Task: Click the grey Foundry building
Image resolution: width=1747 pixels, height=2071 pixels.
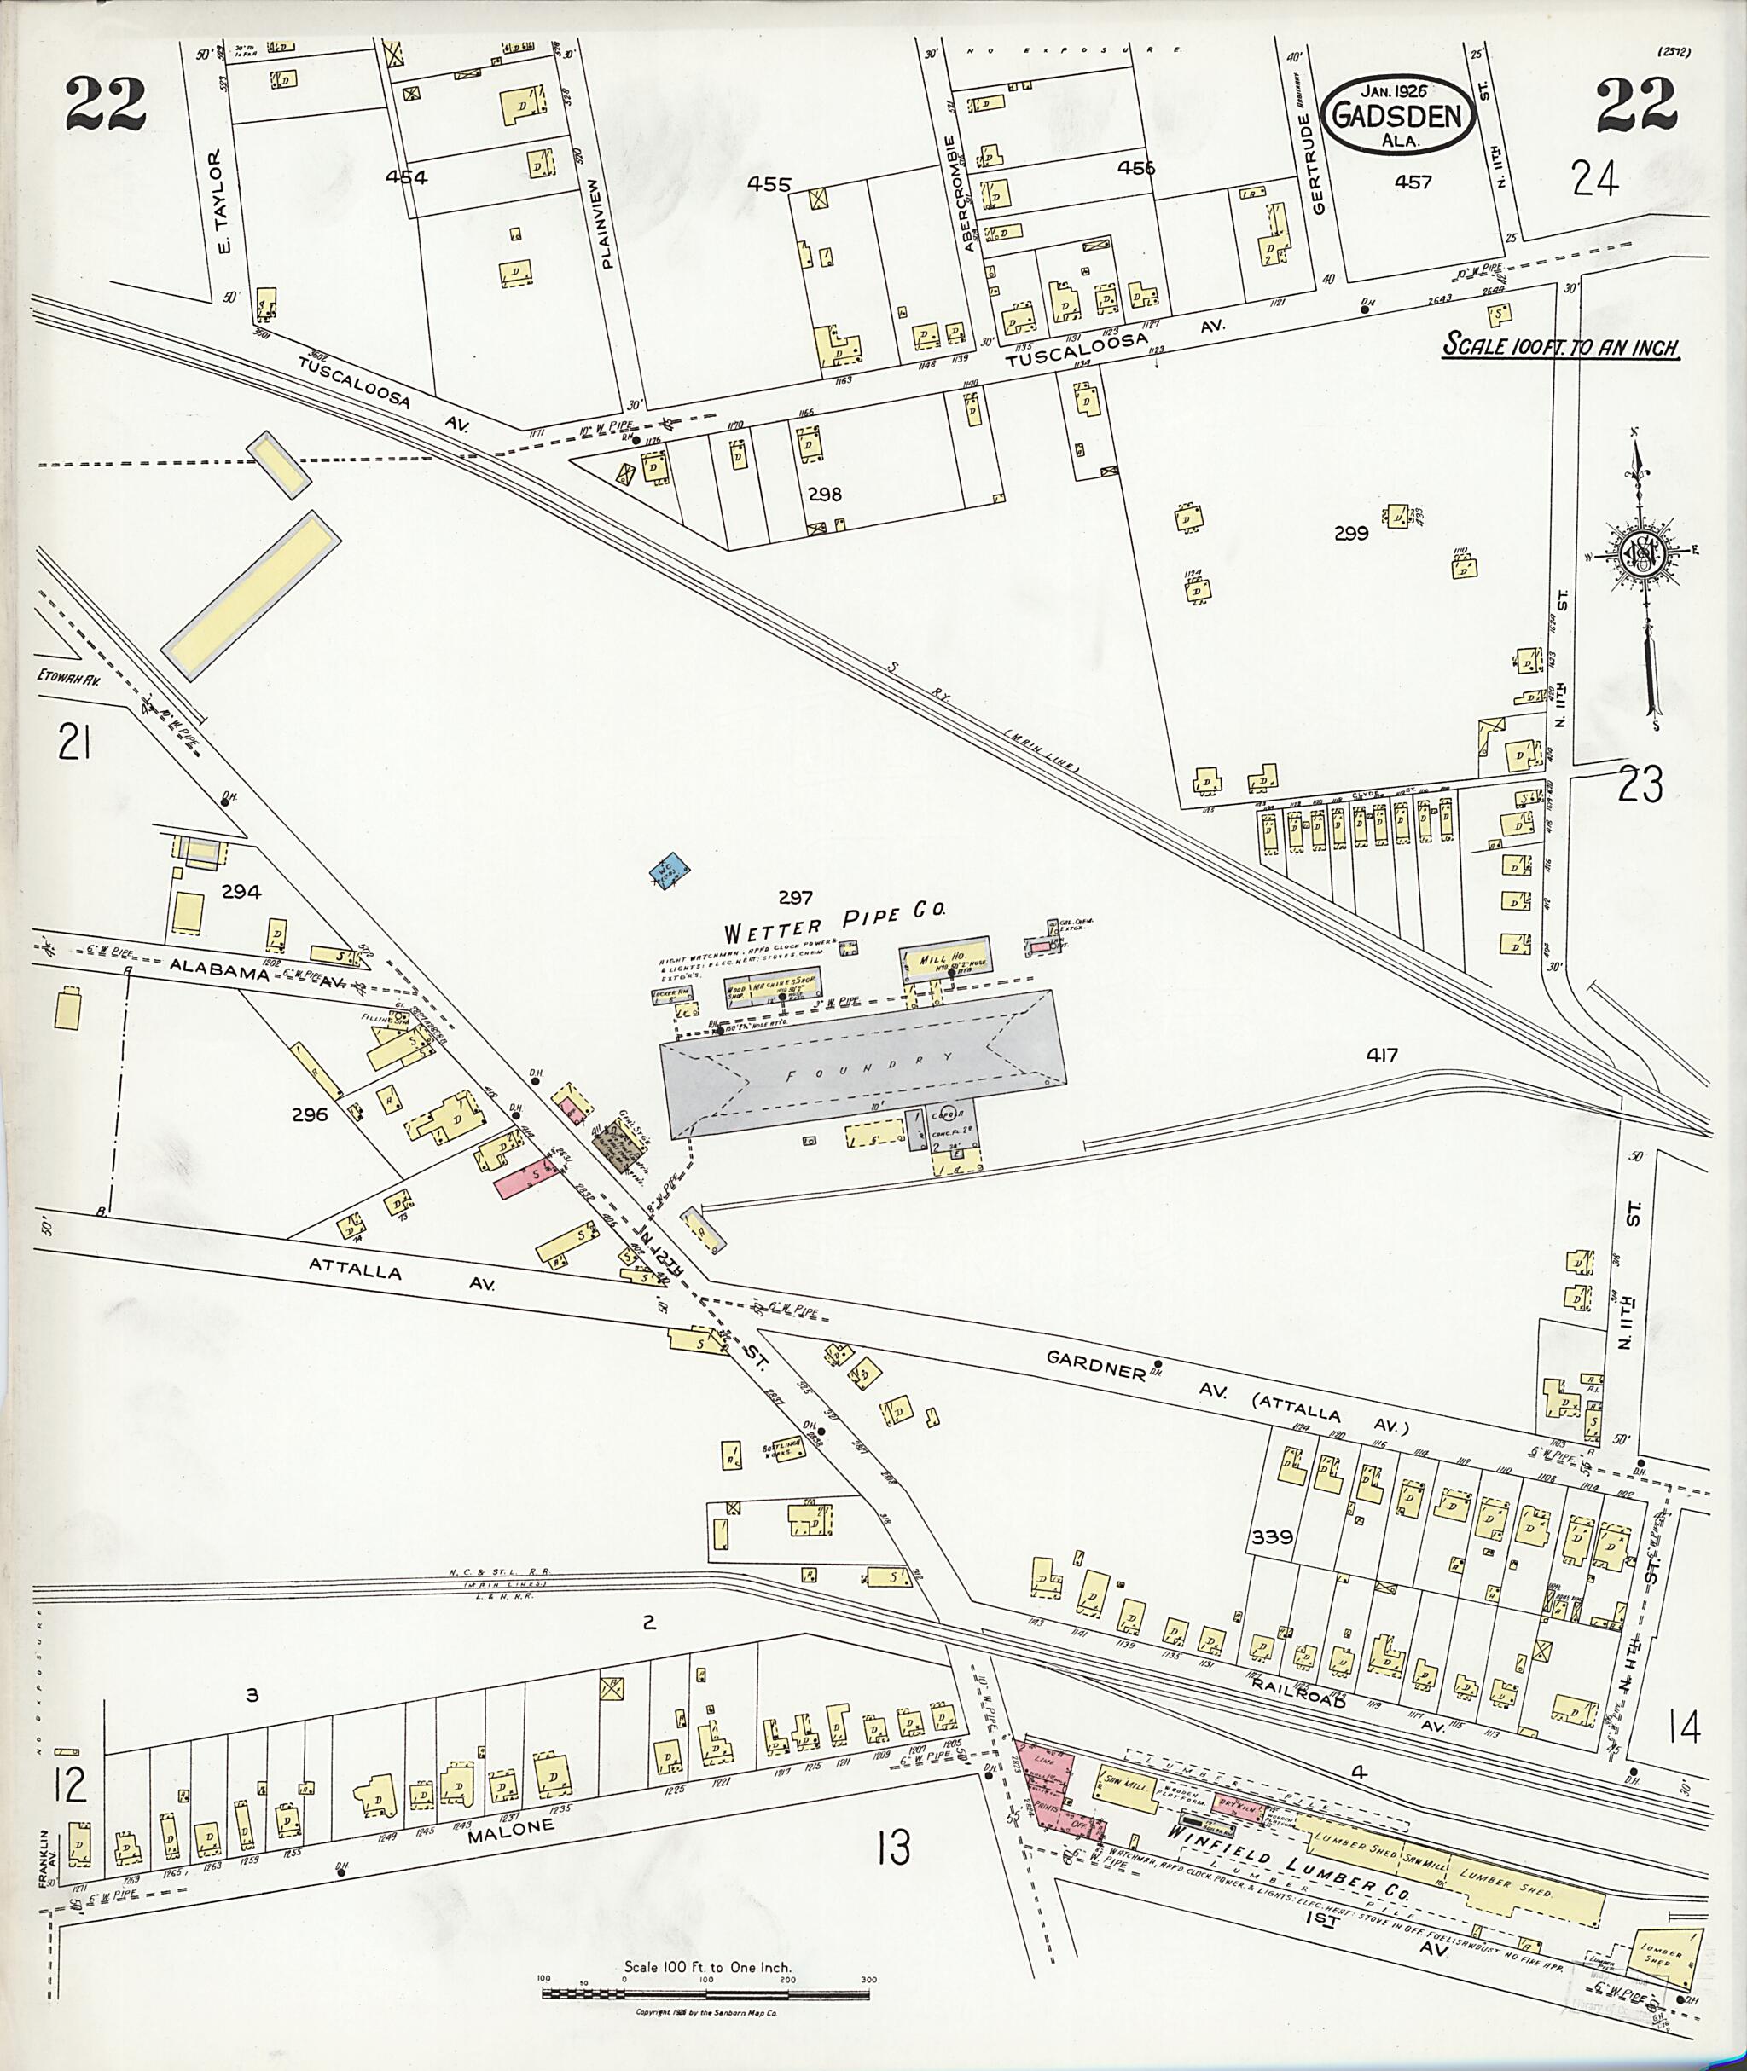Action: [x=862, y=1063]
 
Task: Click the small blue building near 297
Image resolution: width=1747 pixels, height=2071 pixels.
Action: [x=670, y=872]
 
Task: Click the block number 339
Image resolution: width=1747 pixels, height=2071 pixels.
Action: [x=1272, y=1536]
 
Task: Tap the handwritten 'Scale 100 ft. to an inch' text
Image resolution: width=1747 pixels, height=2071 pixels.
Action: [x=1560, y=346]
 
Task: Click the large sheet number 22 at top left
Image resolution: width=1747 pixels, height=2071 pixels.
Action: [x=106, y=104]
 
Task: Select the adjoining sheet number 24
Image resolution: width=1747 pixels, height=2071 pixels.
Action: [x=1594, y=180]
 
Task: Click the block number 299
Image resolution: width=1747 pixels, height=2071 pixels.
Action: [x=1351, y=533]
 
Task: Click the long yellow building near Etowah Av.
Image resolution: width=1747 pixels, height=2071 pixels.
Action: [x=252, y=594]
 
